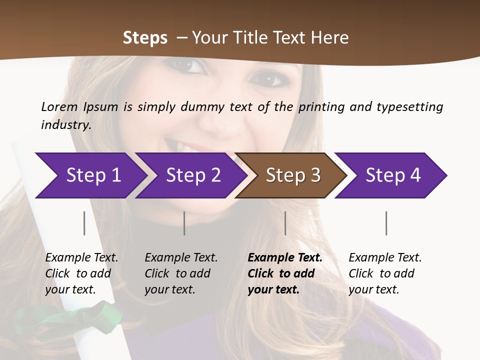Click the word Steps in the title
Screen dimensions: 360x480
pyautogui.click(x=145, y=38)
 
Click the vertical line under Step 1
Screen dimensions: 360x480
pyautogui.click(x=84, y=223)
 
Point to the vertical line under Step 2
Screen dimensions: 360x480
pyautogui.click(x=184, y=223)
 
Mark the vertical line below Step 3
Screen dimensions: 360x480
pyautogui.click(x=285, y=223)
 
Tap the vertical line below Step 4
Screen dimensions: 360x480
pyautogui.click(x=386, y=223)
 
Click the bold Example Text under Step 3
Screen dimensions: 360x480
pyautogui.click(x=285, y=273)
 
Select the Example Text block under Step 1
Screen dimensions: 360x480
pyautogui.click(x=81, y=273)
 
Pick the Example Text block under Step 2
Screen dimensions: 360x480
pyautogui.click(x=181, y=273)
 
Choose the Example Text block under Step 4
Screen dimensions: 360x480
pyautogui.click(x=385, y=273)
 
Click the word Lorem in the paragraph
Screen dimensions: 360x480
pyautogui.click(x=59, y=106)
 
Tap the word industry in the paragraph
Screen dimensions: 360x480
pyautogui.click(x=66, y=125)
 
